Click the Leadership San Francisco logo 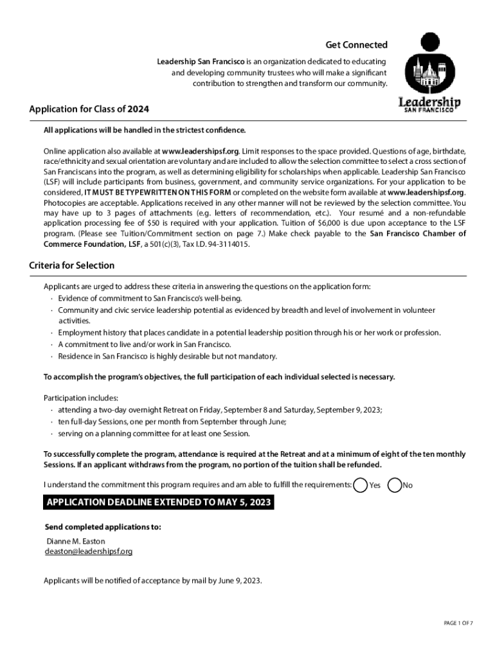(429, 72)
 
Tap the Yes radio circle (361, 485)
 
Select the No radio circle (395, 485)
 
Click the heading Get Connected (356, 44)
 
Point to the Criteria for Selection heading (71, 265)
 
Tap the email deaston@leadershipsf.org (89, 551)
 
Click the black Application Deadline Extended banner (158, 502)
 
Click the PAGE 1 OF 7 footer (458, 623)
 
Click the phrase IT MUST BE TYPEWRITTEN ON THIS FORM (157, 192)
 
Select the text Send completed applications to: (102, 527)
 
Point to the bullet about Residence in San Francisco (167, 356)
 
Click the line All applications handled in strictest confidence (145, 130)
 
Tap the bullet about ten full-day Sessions (172, 422)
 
